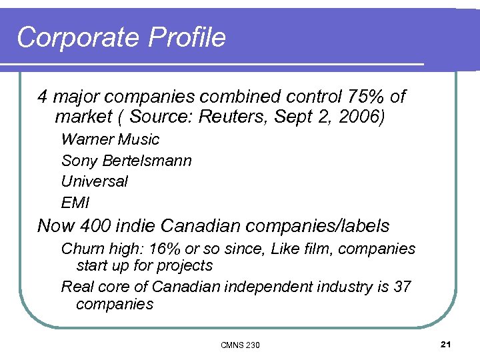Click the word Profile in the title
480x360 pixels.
pos(187,38)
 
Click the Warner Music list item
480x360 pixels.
pos(110,139)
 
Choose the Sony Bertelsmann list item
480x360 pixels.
pos(126,161)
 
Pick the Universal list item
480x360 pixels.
pos(94,181)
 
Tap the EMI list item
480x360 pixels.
pos(75,202)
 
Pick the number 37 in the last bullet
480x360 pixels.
pos(402,287)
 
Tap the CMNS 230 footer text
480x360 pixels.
pos(240,345)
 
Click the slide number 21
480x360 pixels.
pos(446,344)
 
